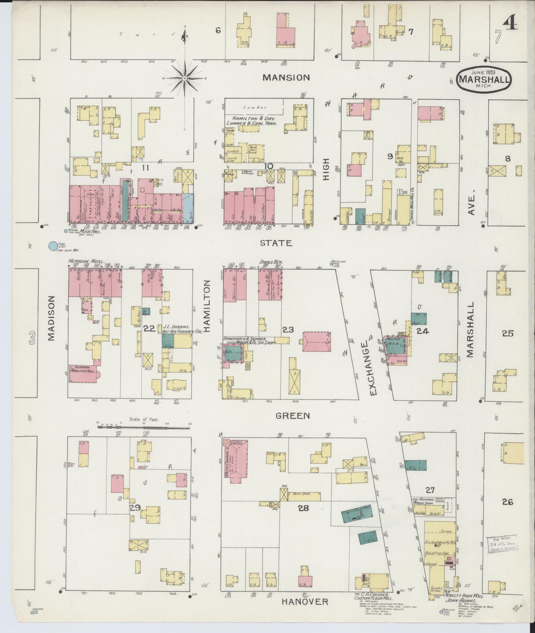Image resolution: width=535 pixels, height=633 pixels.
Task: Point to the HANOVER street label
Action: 305,601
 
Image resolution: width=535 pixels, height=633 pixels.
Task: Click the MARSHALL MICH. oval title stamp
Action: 484,78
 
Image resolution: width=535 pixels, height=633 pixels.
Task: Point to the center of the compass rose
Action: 185,78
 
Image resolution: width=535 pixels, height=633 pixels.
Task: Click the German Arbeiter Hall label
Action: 83,369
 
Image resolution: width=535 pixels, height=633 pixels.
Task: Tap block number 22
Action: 150,328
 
